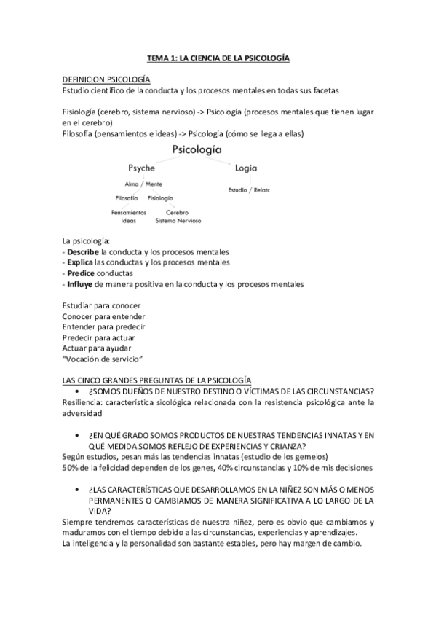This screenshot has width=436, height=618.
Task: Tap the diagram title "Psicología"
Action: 197,149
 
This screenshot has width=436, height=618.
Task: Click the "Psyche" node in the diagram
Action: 141,168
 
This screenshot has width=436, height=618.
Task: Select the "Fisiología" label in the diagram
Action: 160,198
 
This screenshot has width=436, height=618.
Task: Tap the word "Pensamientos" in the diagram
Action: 129,213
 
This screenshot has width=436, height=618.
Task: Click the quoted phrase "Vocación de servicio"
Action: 102,359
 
